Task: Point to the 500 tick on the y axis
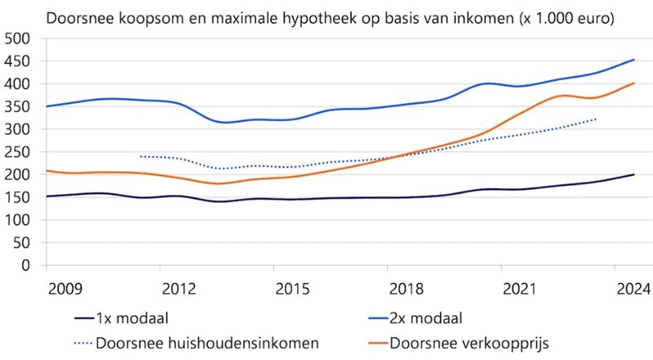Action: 18,38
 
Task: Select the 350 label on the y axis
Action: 18,106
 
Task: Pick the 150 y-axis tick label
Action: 18,197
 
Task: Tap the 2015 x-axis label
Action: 292,288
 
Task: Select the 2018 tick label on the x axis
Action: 405,288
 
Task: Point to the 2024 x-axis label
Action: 633,288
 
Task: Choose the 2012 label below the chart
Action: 179,288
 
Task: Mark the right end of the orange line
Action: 633,82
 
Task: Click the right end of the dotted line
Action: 597,119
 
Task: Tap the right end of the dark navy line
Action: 633,175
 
